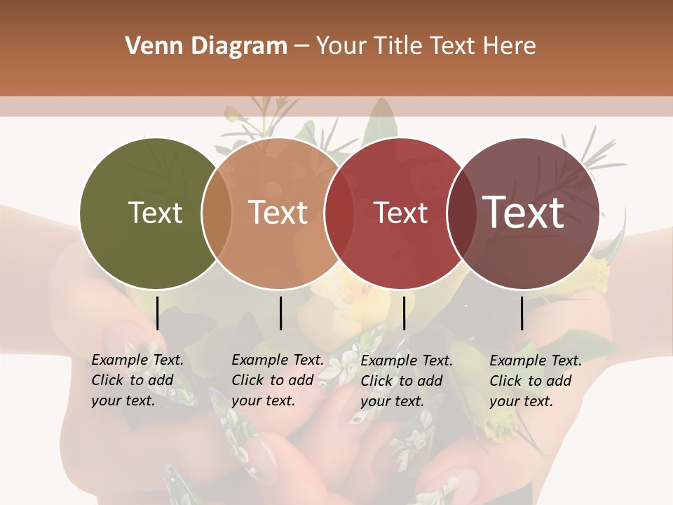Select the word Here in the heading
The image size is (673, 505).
coord(510,46)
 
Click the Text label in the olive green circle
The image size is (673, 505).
coord(155,213)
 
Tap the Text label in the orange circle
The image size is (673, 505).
coord(278,213)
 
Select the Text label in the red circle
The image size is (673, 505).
coord(400,213)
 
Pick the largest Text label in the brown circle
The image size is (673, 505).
coord(524,213)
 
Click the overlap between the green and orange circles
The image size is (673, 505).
coord(217,213)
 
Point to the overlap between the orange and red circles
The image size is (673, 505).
coord(339,213)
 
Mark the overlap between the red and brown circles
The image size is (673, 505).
coord(461,213)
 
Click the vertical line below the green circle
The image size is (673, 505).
coord(158,313)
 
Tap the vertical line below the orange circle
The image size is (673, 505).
coord(280,313)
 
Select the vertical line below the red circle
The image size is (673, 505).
coord(405,313)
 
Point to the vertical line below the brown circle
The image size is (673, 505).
coord(522,313)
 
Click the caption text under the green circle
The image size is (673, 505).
coord(137,380)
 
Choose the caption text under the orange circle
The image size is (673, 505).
coord(278,380)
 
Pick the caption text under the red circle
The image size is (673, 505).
coord(407,381)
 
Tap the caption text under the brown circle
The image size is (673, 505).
coord(536,381)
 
